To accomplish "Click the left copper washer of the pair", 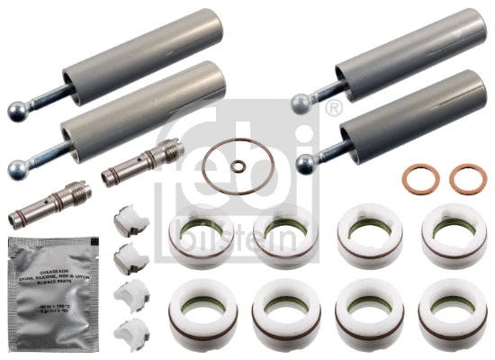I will tap(416, 177).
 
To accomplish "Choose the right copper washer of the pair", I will tap(466, 177).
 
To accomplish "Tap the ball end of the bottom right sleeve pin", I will tap(306, 163).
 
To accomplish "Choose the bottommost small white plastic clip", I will tap(131, 328).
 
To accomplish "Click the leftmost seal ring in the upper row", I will tap(200, 236).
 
